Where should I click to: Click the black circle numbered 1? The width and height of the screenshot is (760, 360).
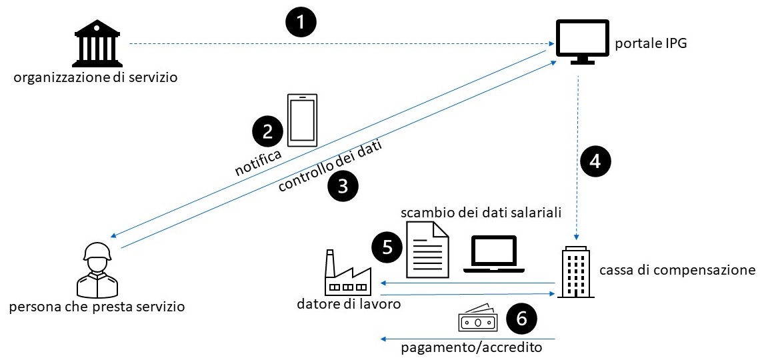(x=301, y=23)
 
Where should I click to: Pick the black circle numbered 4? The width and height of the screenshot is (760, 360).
(x=595, y=160)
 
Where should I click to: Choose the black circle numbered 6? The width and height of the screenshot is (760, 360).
(x=522, y=319)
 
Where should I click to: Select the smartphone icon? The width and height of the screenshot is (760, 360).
(x=302, y=120)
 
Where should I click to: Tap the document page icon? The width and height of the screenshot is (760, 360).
(x=427, y=249)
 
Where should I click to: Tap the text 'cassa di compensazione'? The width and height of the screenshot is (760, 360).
(x=677, y=270)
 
